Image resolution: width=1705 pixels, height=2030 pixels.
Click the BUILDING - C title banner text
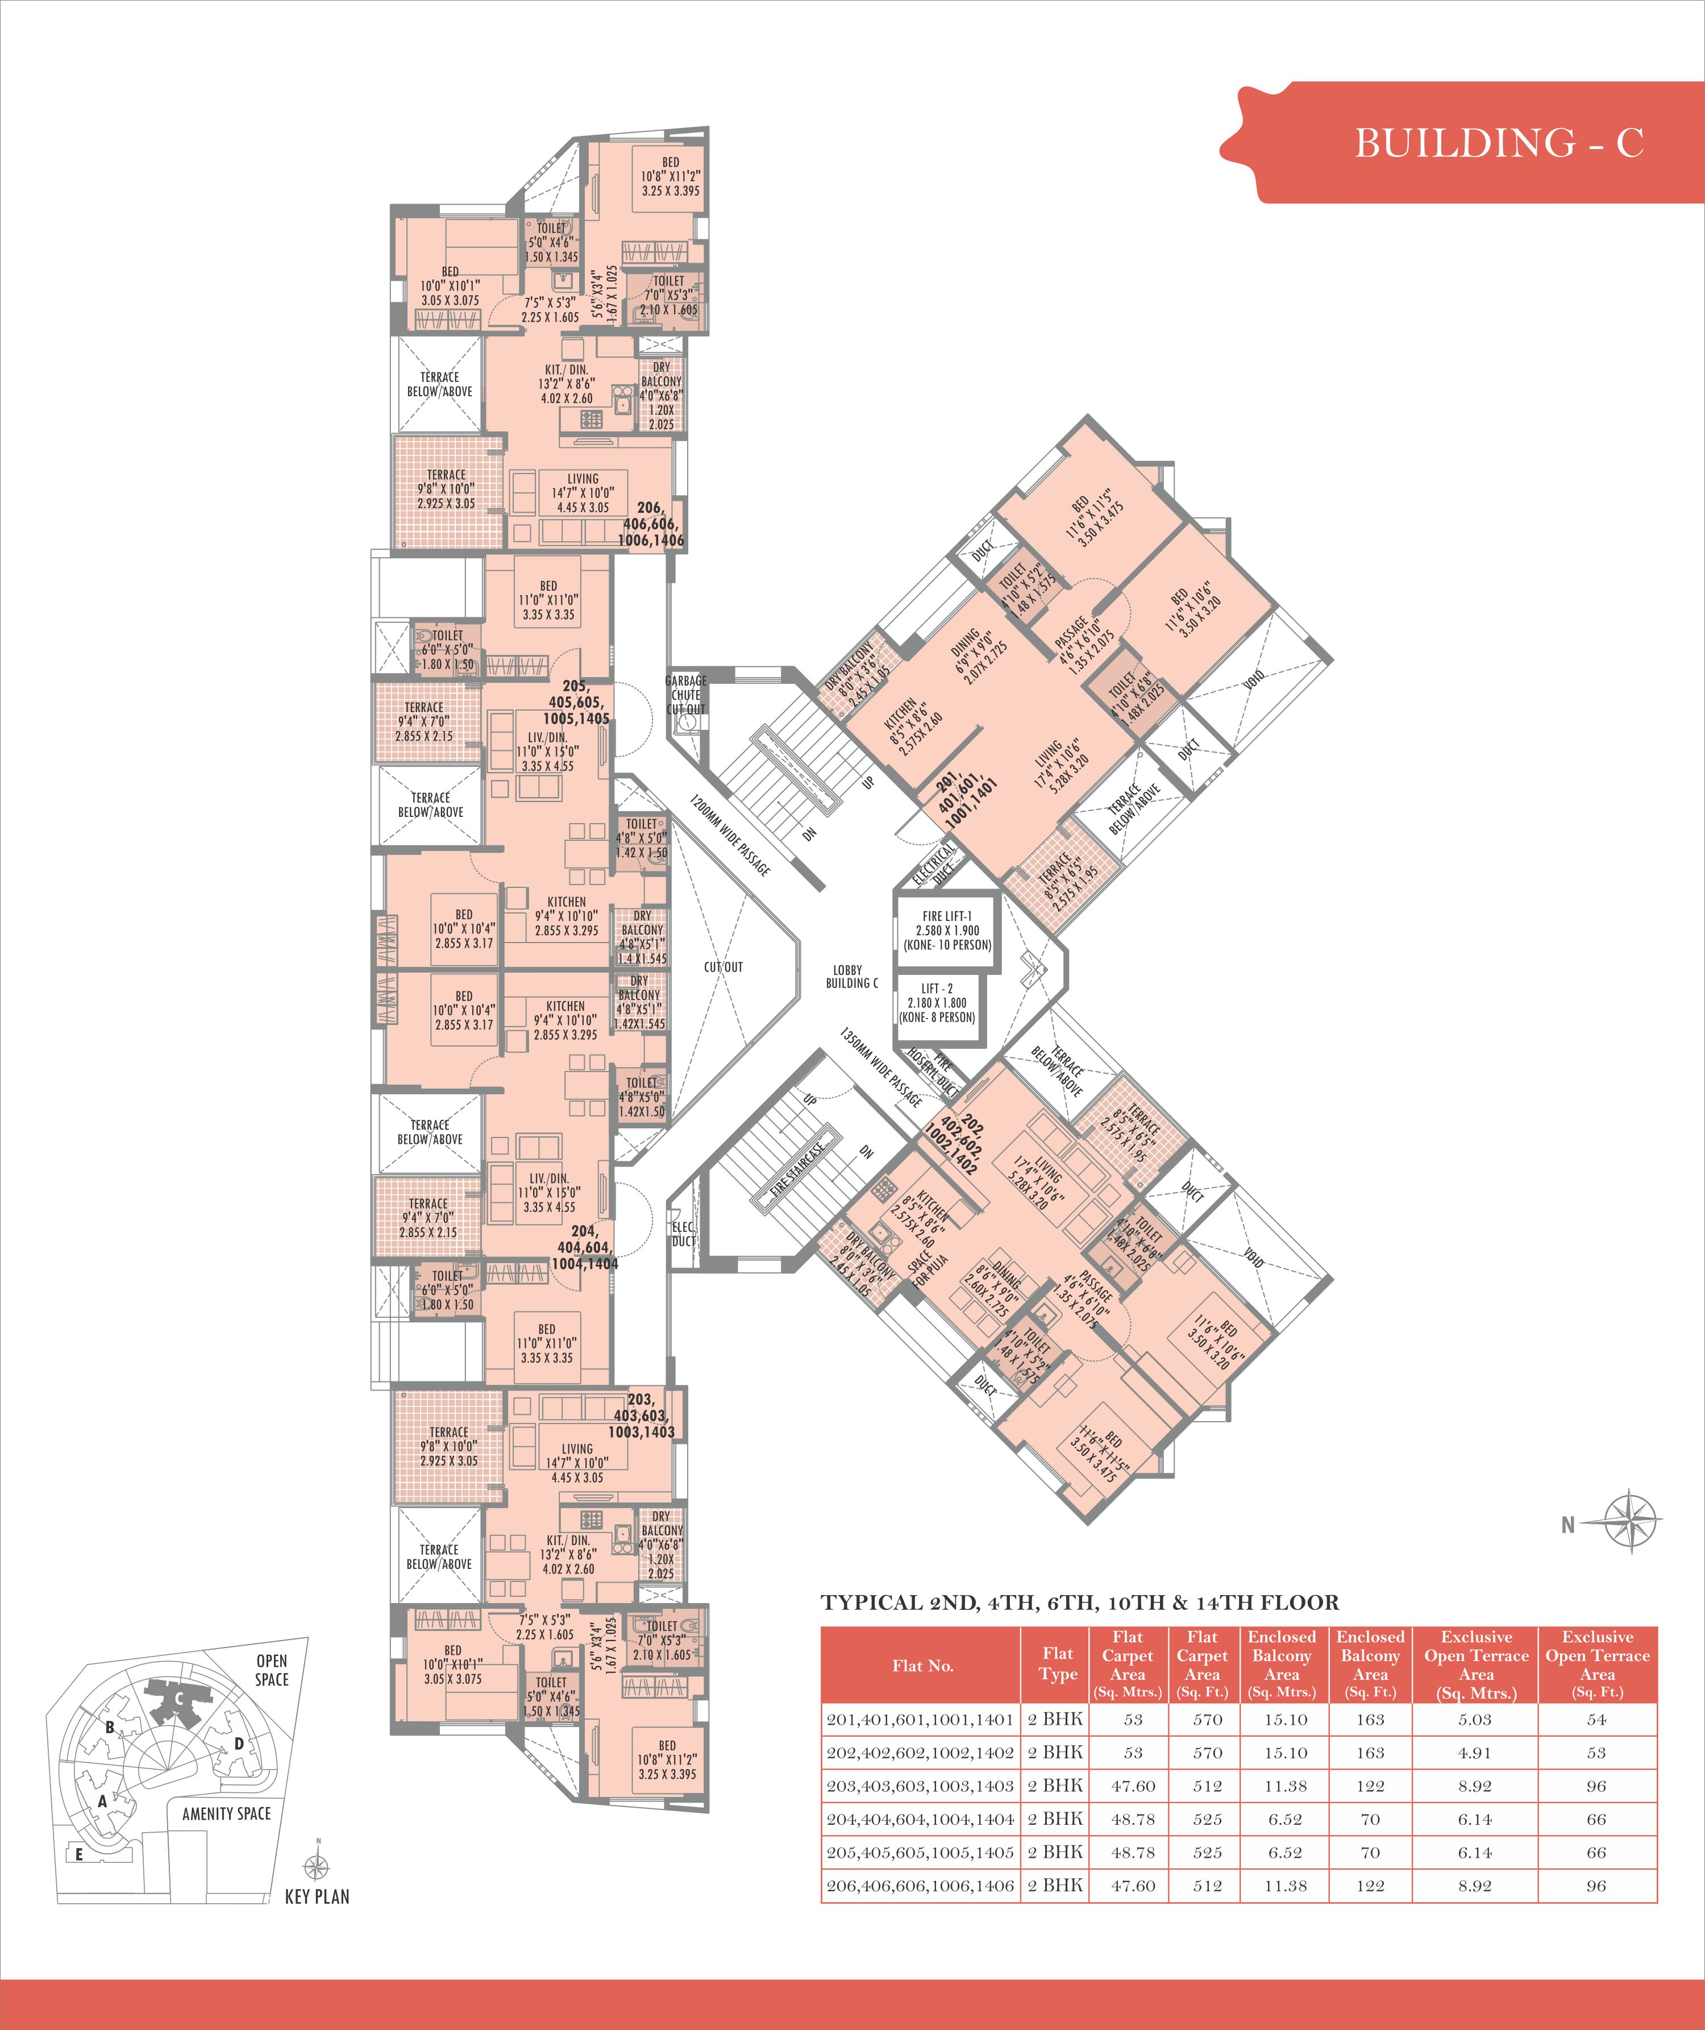[x=1498, y=143]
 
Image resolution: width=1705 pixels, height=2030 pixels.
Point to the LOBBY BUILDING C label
[x=851, y=976]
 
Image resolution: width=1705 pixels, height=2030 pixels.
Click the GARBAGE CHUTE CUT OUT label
[x=685, y=694]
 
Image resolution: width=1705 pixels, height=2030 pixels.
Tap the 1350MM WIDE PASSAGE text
[x=880, y=1066]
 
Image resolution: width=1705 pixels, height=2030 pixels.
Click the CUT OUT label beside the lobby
[x=723, y=966]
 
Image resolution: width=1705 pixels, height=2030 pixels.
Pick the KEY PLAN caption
[x=317, y=1896]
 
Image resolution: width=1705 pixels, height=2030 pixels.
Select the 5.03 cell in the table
[x=1475, y=1720]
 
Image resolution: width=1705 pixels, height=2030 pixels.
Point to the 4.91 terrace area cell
[x=1475, y=1753]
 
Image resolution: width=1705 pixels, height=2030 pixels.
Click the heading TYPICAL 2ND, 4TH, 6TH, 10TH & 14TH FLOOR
[x=1080, y=1603]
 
